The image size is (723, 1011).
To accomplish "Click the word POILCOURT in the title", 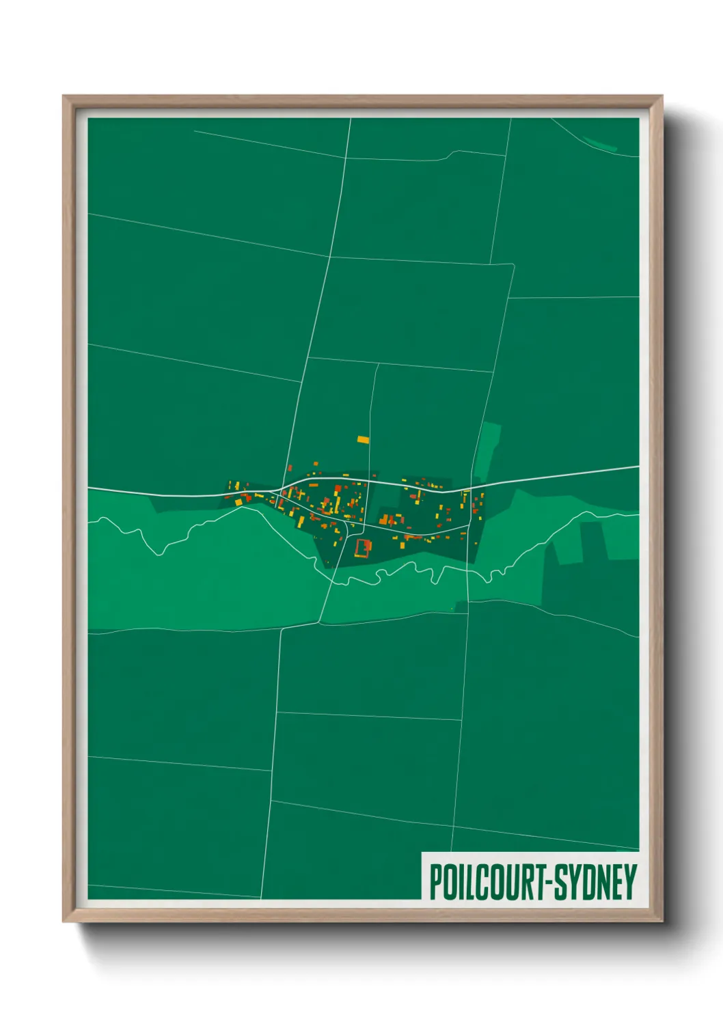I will pos(485,882).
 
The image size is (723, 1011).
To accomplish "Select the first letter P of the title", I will pos(435,882).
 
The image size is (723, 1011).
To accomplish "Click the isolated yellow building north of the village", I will pos(363,440).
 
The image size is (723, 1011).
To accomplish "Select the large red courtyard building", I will pos(362,547).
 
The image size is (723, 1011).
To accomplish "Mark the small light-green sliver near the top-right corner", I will pos(600,143).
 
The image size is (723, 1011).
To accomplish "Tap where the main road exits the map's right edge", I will pos(638,467).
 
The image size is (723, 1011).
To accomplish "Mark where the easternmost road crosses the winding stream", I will pos(467,569).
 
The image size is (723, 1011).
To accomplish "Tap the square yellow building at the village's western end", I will pos(238,502).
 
